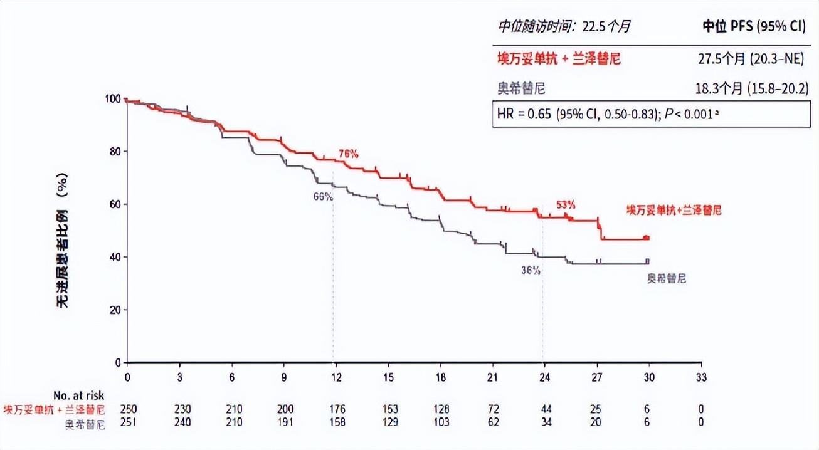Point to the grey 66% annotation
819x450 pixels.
tap(323, 196)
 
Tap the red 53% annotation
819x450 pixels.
tap(566, 204)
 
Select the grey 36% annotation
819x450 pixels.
tap(531, 271)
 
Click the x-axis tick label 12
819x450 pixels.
tap(336, 377)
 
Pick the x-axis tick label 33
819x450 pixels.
tap(702, 377)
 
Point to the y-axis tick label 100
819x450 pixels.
tap(113, 99)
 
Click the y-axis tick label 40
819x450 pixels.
tap(115, 257)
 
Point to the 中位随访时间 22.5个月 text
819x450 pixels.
tap(564, 26)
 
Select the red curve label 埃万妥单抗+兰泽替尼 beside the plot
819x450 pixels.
tap(674, 210)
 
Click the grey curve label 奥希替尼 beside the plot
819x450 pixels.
tap(667, 278)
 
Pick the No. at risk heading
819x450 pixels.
tap(79, 395)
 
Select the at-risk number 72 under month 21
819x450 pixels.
tap(493, 409)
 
